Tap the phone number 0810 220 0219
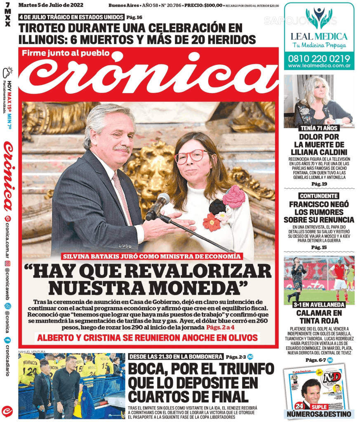point(319,58)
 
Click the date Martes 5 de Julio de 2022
point(51,5)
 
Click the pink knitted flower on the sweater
point(234,196)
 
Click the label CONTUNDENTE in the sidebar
point(319,196)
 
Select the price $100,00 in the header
point(211,6)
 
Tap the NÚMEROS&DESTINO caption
point(319,414)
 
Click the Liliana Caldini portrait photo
point(319,101)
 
